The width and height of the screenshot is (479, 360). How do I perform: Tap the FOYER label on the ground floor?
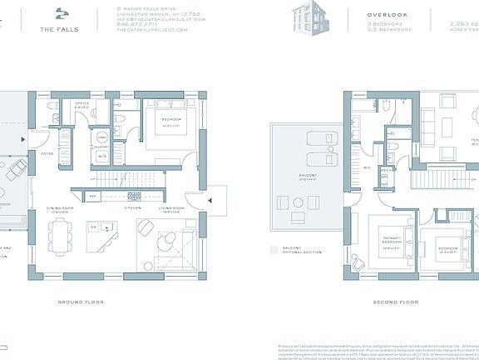[47, 153]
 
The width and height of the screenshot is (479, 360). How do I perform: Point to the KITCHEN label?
[131, 207]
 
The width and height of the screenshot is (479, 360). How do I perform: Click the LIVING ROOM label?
[170, 211]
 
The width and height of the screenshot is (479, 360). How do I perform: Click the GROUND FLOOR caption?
[81, 301]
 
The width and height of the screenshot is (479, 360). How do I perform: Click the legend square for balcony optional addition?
[274, 248]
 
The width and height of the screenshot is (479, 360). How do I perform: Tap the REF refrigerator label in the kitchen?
[93, 196]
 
